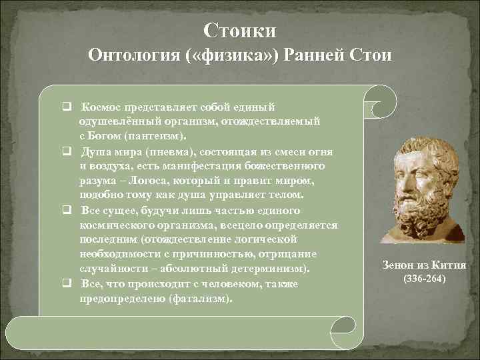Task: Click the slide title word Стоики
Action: (240, 31)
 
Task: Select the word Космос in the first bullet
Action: (100, 107)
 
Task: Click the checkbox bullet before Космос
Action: (67, 107)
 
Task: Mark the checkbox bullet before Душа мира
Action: (67, 151)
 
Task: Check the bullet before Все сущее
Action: (67, 210)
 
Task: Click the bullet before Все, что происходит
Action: (67, 284)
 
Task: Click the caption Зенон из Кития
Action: (423, 265)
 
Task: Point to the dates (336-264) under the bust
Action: (423, 277)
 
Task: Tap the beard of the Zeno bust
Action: (417, 210)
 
